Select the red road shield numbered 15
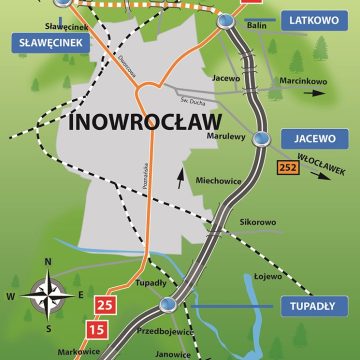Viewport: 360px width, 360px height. (97, 327)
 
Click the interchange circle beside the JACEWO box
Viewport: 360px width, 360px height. (262, 139)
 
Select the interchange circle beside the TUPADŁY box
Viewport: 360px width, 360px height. (168, 304)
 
